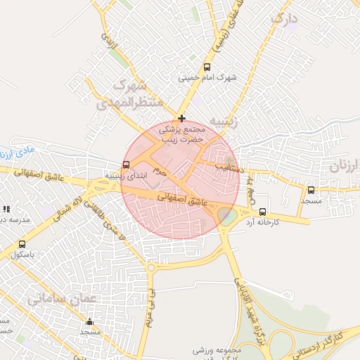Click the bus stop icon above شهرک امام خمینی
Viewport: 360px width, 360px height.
[x=206, y=67]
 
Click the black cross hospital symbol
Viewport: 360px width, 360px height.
[x=181, y=117]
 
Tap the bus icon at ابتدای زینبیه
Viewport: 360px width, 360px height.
[x=107, y=165]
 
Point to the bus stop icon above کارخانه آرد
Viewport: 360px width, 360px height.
[x=263, y=212]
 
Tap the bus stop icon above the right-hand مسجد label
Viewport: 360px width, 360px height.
[x=311, y=190]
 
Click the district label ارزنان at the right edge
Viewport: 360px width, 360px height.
[x=344, y=167]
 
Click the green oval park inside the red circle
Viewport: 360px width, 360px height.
[x=226, y=217]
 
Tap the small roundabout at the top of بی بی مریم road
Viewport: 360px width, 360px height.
[x=150, y=267]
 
